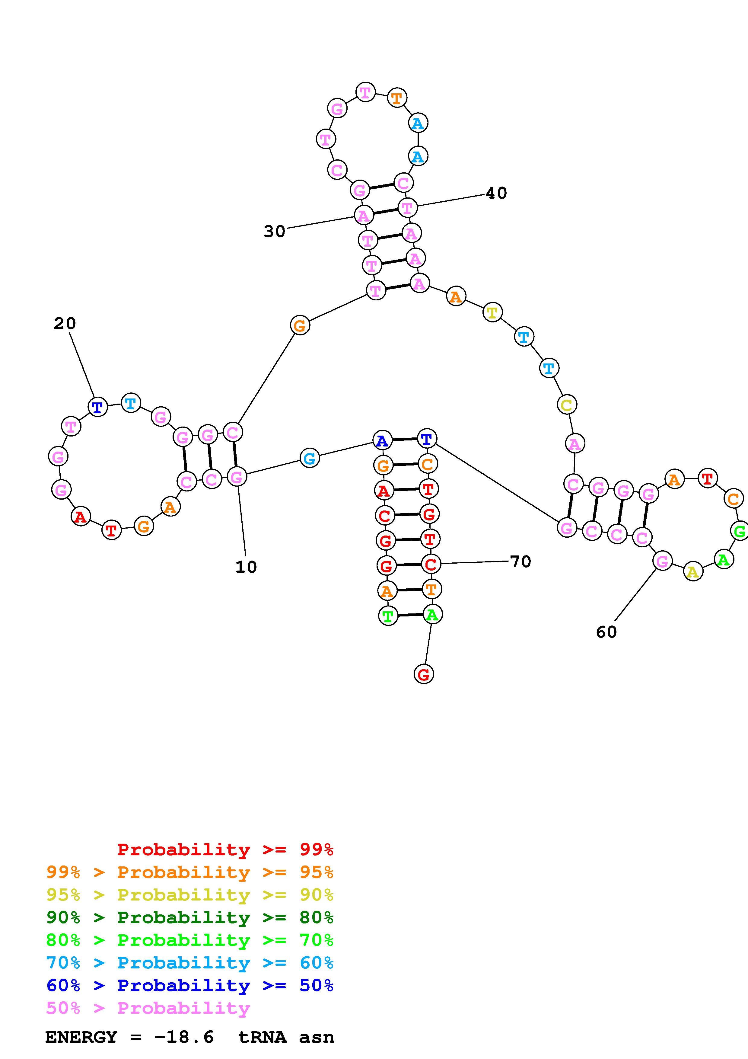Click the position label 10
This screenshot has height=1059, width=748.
point(246,567)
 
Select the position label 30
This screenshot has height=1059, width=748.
point(274,231)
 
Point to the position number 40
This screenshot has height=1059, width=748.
point(496,193)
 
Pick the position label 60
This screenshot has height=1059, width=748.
point(606,632)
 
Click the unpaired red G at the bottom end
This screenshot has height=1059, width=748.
point(424,674)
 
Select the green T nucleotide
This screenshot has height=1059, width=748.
point(388,616)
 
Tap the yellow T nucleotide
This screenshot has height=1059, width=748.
point(492,313)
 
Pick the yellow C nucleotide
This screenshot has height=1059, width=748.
point(566,405)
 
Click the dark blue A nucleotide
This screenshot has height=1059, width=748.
point(382,441)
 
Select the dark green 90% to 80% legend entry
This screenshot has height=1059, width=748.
point(190,917)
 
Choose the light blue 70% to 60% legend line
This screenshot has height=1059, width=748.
point(190,963)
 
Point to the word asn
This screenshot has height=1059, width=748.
point(316,1037)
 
